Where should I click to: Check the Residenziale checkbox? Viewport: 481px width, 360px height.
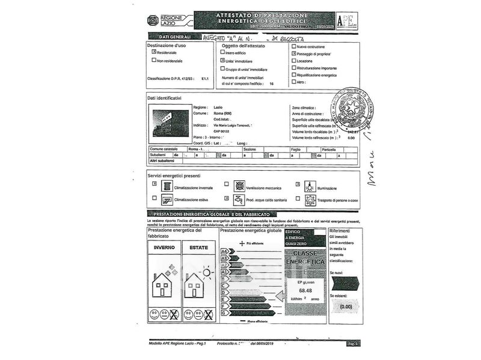pos(154,52)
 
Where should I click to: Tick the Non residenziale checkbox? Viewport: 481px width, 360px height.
pos(154,60)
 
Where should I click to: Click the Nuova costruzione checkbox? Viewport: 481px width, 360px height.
pos(293,46)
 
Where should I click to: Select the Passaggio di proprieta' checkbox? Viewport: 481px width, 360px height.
pos(293,53)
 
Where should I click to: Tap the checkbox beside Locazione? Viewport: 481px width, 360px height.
pos(293,61)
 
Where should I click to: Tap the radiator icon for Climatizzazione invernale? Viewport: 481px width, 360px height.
pos(167,186)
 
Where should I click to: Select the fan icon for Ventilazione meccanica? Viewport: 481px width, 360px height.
pos(239,186)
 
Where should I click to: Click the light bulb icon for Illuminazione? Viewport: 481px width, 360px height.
pos(310,186)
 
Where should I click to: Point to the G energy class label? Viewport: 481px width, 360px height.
pos(224,313)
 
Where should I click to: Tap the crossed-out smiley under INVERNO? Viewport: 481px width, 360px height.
pos(174,314)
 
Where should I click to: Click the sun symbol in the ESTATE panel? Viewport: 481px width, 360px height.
pos(207,273)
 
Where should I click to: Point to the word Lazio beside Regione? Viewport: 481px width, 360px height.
pos(218,107)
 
